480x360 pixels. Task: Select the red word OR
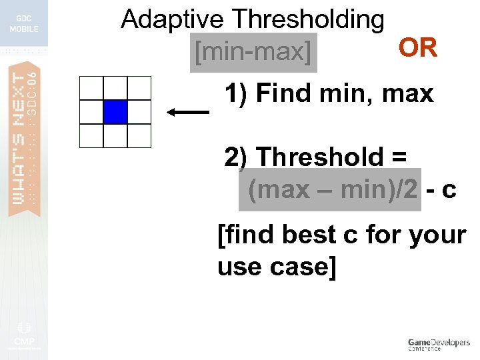coord(417,48)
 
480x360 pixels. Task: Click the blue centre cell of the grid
coord(115,111)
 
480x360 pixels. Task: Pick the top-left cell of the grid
coord(91,88)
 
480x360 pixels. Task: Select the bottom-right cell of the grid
coord(139,135)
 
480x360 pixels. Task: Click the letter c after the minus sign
coord(449,191)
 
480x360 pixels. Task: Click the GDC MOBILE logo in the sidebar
coord(24,24)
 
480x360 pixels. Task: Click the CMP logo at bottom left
coord(23,337)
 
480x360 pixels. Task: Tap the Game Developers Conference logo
coord(439,345)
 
